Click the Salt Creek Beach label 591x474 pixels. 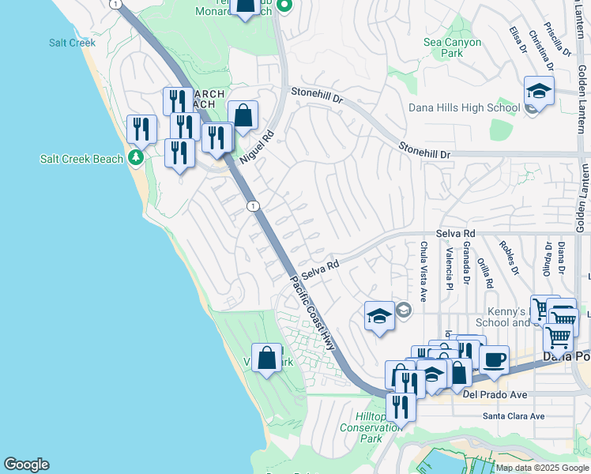82,159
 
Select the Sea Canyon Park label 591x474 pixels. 442,47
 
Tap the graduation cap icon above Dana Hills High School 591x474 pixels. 539,91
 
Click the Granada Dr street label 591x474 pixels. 467,263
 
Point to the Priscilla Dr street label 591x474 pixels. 562,39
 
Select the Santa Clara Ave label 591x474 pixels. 514,416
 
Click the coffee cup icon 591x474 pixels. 495,360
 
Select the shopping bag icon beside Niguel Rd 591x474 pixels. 243,115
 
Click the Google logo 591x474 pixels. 26,465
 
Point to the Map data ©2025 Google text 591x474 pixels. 542,468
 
